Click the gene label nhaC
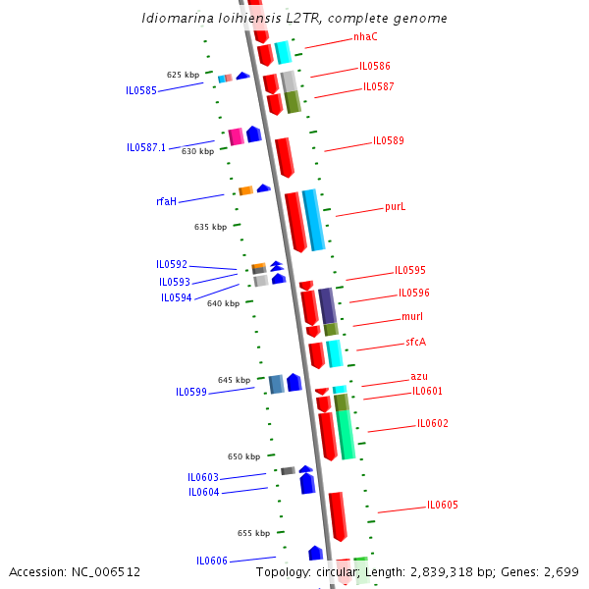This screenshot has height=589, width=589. tap(365, 37)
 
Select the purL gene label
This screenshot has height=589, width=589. tap(395, 207)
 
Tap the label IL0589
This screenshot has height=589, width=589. tap(388, 141)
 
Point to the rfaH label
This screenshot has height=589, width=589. tap(166, 201)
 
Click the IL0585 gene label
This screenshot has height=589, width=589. tap(141, 90)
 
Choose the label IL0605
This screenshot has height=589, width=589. tap(442, 506)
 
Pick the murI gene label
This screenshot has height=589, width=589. tap(412, 317)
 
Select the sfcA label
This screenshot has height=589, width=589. tap(416, 343)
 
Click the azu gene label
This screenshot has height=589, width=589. tap(419, 377)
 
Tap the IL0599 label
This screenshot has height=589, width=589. tap(191, 392)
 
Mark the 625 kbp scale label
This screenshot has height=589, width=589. tap(183, 75)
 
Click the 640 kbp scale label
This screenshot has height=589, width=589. tap(223, 303)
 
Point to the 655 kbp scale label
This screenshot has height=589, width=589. tap(253, 533)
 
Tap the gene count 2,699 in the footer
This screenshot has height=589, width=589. tap(562, 571)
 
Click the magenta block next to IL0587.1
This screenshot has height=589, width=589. tap(236, 135)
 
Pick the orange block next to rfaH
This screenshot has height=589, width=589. tap(245, 190)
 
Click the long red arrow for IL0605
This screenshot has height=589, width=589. tap(338, 515)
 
